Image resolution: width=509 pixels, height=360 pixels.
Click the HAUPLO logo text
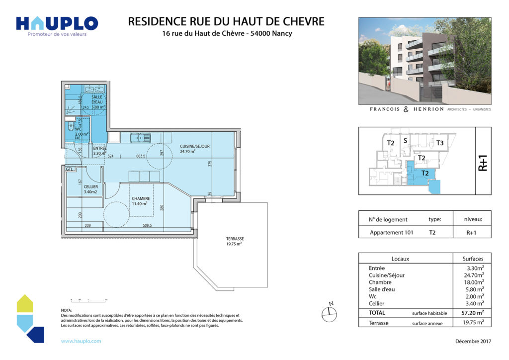click(x=57, y=23)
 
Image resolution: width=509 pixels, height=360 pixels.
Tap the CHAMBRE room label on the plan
click(x=141, y=198)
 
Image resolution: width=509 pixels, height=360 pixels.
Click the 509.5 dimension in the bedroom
click(x=147, y=226)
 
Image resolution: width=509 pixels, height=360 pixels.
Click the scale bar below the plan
click(x=89, y=300)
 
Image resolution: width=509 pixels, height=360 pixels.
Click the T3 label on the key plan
click(x=439, y=143)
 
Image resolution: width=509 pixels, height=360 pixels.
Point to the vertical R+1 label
click(x=483, y=162)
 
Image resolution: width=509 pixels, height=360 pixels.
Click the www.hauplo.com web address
click(x=81, y=341)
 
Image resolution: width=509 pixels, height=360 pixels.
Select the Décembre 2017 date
click(x=473, y=341)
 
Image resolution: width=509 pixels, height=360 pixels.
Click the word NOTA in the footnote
click(x=66, y=310)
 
